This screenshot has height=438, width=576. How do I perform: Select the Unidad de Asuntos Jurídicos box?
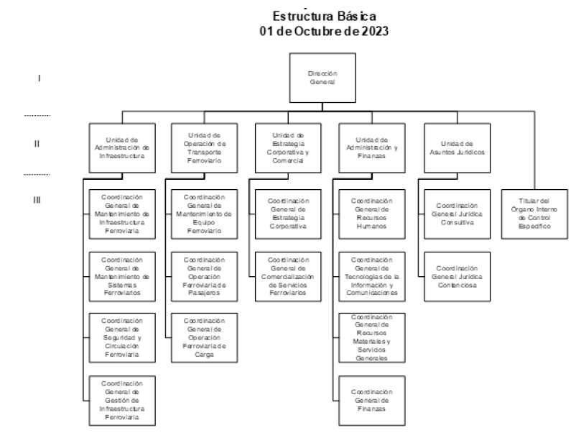pyautogui.click(x=456, y=147)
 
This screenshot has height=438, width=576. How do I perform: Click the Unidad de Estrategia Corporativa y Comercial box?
pyautogui.click(x=287, y=147)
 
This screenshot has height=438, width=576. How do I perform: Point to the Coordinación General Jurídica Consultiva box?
pyautogui.click(x=457, y=214)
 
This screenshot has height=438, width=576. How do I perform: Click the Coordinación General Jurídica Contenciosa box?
pyautogui.click(x=457, y=275)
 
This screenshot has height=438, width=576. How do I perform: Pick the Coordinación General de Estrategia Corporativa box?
pyautogui.click(x=287, y=214)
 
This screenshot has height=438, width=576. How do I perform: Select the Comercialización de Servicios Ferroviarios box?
pyautogui.click(x=287, y=275)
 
